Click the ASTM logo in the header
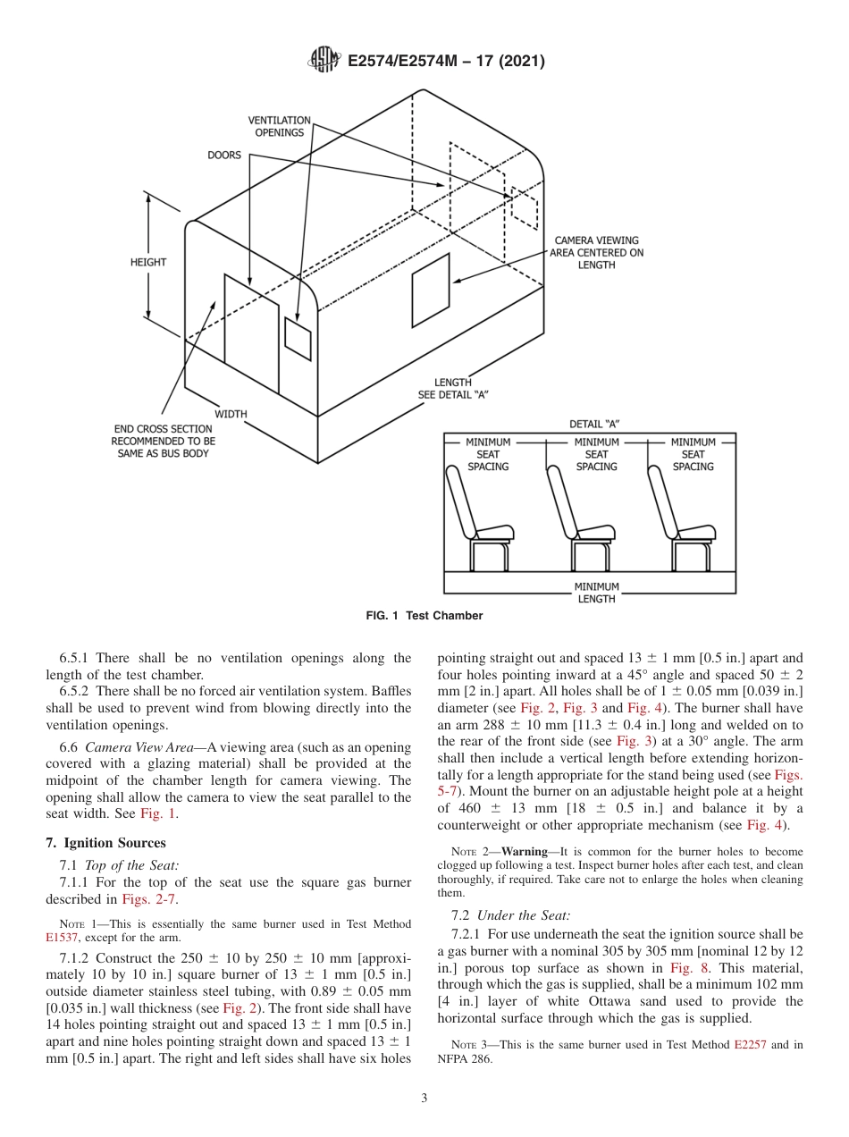324,61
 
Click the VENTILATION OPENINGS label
279,126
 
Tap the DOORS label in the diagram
224,155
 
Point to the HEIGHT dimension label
148,262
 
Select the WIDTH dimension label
231,414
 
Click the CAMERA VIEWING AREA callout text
596,252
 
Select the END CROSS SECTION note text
163,442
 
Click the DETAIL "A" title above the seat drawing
594,424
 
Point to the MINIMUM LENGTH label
596,593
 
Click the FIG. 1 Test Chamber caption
424,616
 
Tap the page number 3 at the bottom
424,1098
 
